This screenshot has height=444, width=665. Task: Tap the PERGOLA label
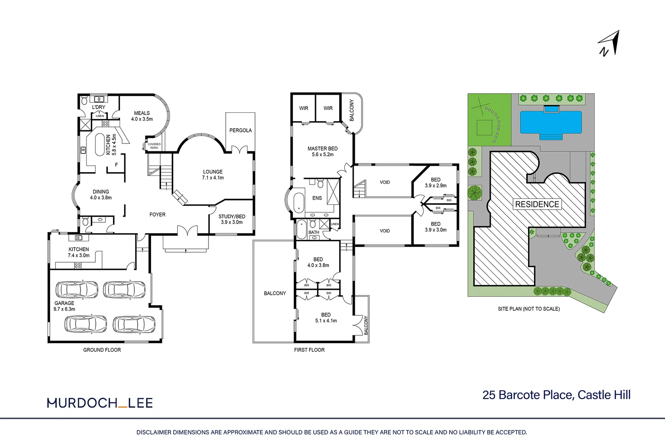click(x=241, y=130)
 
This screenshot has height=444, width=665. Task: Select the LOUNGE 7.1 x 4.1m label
click(x=213, y=175)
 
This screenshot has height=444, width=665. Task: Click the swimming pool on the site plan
click(x=551, y=122)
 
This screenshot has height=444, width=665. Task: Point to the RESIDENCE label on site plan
click(x=537, y=204)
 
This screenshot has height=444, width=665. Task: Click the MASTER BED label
click(x=322, y=151)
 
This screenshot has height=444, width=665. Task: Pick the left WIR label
click(x=304, y=108)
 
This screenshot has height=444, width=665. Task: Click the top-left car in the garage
click(x=77, y=289)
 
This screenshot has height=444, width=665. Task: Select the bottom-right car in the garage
click(x=134, y=324)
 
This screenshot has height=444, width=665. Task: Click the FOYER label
click(x=158, y=215)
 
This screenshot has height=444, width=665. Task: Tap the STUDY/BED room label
click(x=232, y=219)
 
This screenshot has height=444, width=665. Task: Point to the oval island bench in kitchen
click(x=100, y=145)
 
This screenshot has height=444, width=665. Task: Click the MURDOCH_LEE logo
click(x=100, y=403)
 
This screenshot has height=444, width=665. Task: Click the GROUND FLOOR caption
click(x=102, y=350)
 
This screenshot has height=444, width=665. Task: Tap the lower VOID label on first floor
click(x=385, y=231)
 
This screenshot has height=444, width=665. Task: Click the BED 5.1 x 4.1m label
click(x=326, y=317)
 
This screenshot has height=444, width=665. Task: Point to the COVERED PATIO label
click(x=154, y=146)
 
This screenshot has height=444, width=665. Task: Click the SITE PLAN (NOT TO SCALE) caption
click(x=528, y=309)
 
